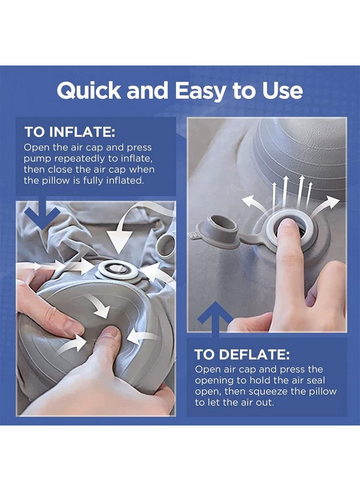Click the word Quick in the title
tap(88, 91)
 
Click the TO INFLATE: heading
tap(69, 133)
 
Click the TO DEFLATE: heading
tap(242, 355)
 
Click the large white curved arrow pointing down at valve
tap(123, 232)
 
